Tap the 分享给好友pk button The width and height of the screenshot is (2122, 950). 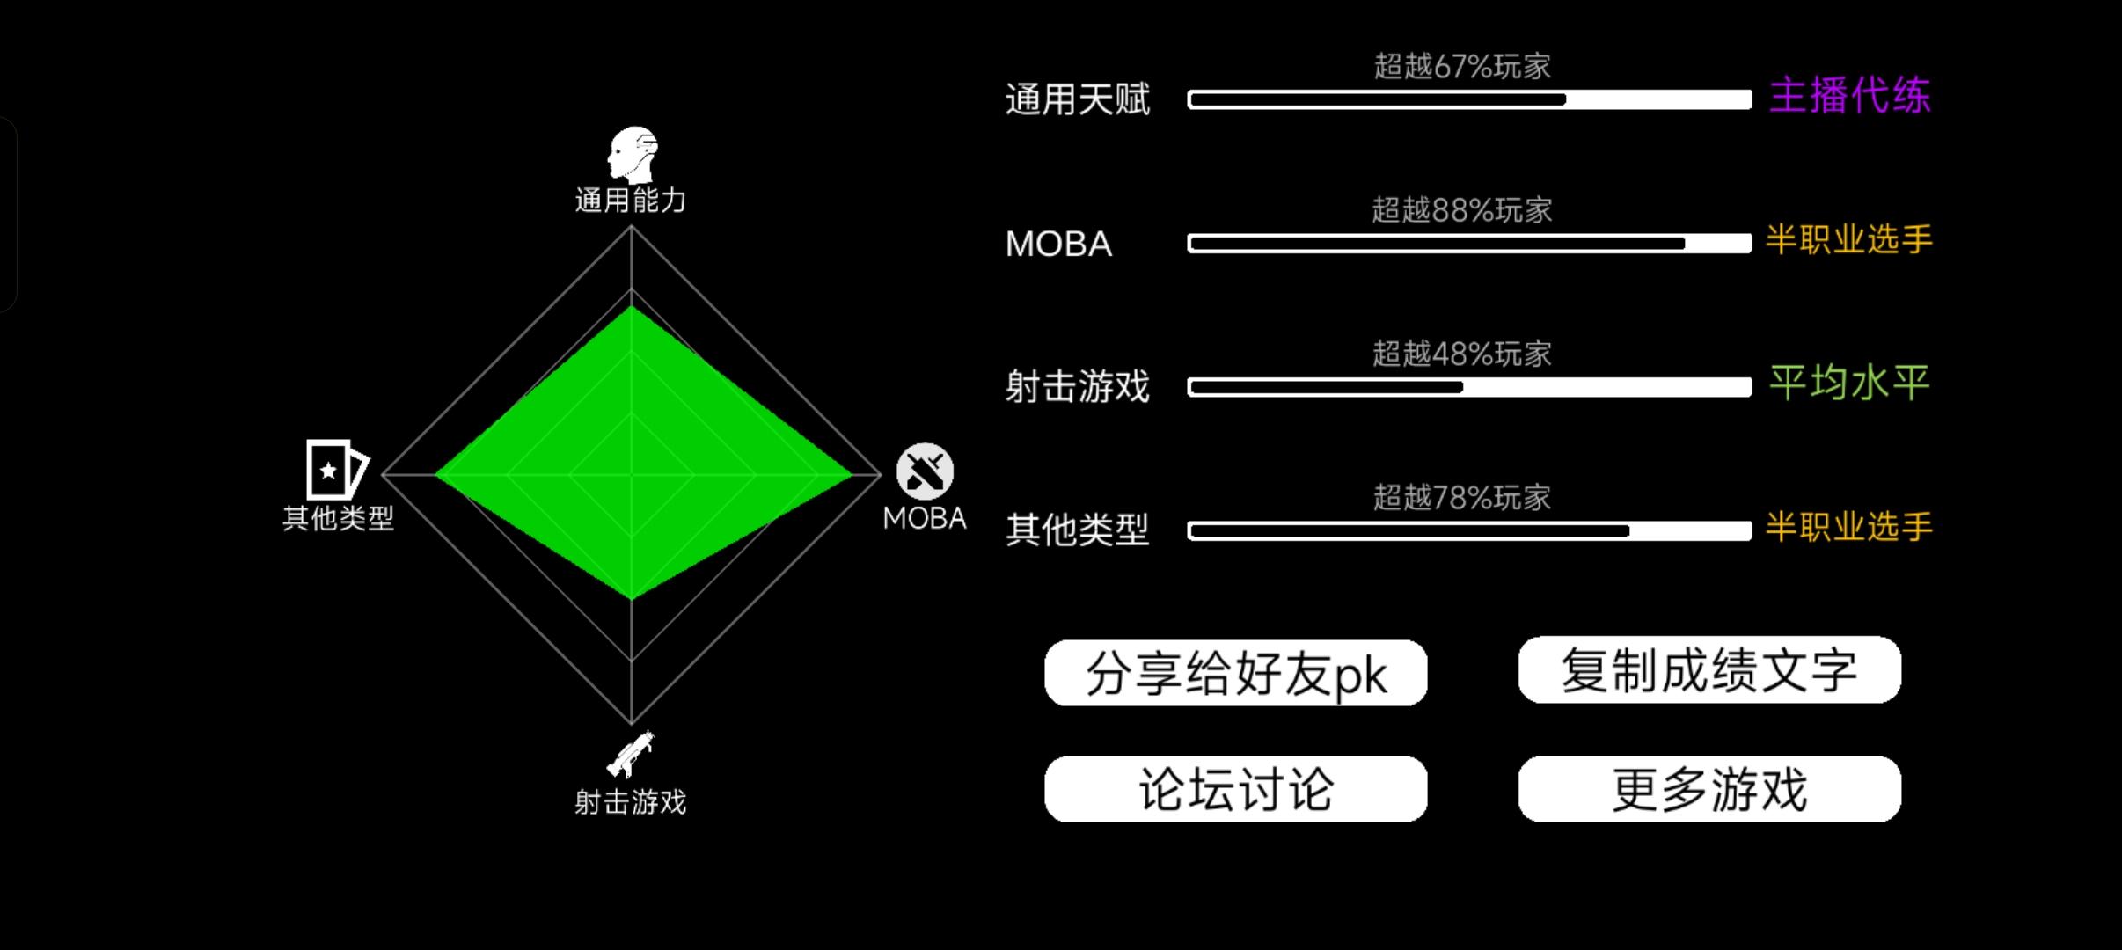point(1235,673)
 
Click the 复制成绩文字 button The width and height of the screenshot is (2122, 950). point(1709,670)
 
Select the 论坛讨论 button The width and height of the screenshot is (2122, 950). point(1235,789)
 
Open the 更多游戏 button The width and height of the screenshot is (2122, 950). point(1709,789)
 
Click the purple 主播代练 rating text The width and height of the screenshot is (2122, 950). point(1849,95)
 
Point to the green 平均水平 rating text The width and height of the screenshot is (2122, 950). point(1849,383)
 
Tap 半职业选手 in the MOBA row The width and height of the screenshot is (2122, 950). point(1849,239)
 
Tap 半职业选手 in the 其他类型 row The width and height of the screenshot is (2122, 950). point(1849,527)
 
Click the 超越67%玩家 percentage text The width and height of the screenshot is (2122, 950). point(1462,67)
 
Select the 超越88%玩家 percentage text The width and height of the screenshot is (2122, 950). point(1462,210)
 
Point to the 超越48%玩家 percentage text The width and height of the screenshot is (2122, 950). point(1462,354)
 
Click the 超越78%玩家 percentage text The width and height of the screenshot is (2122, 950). point(1462,498)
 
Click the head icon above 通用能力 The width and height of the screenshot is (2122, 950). point(633,155)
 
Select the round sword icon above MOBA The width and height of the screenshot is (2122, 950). point(925,471)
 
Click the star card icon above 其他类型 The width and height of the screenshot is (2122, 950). point(335,470)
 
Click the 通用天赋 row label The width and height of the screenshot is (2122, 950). point(1077,99)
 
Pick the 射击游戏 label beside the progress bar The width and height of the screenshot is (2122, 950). point(1077,387)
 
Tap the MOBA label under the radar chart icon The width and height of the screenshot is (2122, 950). point(924,518)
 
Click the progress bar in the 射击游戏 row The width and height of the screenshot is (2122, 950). point(1469,387)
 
